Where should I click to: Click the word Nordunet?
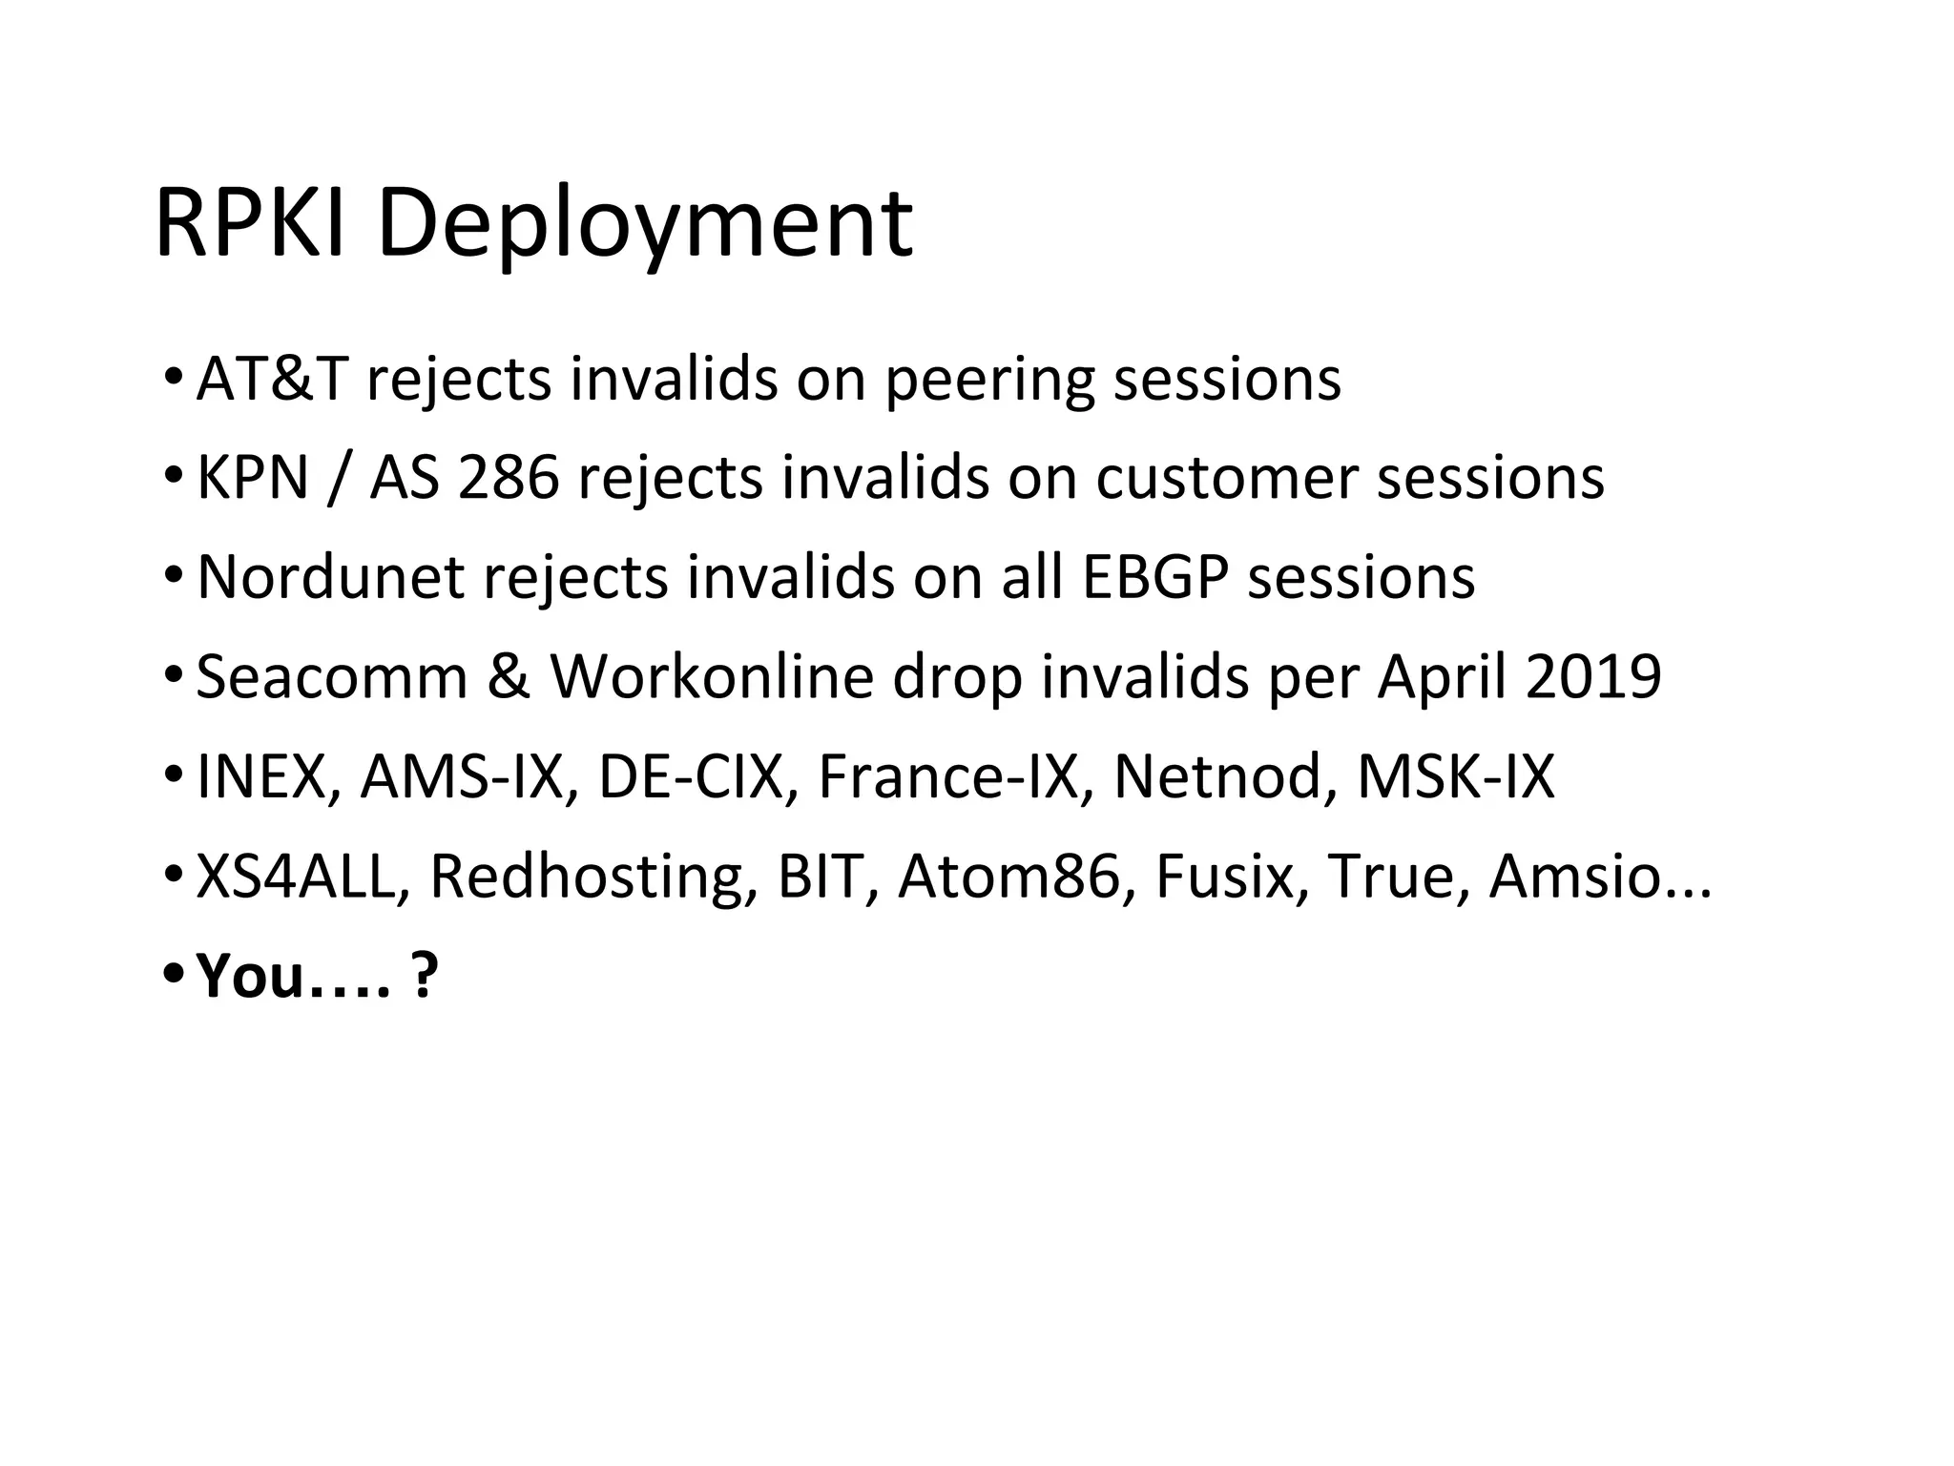(330, 577)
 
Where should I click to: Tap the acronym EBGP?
(1154, 577)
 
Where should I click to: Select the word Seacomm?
(331, 676)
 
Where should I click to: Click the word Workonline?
(712, 676)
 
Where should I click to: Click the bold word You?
(250, 976)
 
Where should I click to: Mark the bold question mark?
(424, 976)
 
